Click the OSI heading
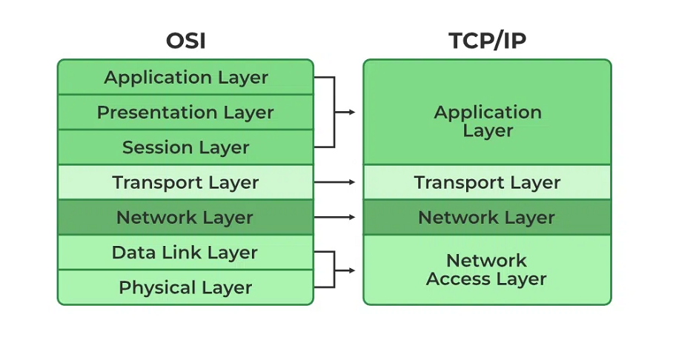point(185,41)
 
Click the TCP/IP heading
point(487,41)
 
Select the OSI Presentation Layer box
point(185,113)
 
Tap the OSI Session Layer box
point(185,147)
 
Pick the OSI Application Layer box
point(185,77)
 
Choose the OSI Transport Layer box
point(185,182)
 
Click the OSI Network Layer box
point(185,218)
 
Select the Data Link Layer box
point(185,253)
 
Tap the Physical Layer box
point(185,287)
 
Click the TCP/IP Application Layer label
point(487,121)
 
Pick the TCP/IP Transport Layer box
point(487,182)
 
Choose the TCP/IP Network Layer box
point(487,218)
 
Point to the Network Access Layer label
point(487,270)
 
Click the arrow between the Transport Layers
point(335,182)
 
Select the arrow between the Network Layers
point(335,218)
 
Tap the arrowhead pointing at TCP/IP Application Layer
point(351,113)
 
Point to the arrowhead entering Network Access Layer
point(351,270)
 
